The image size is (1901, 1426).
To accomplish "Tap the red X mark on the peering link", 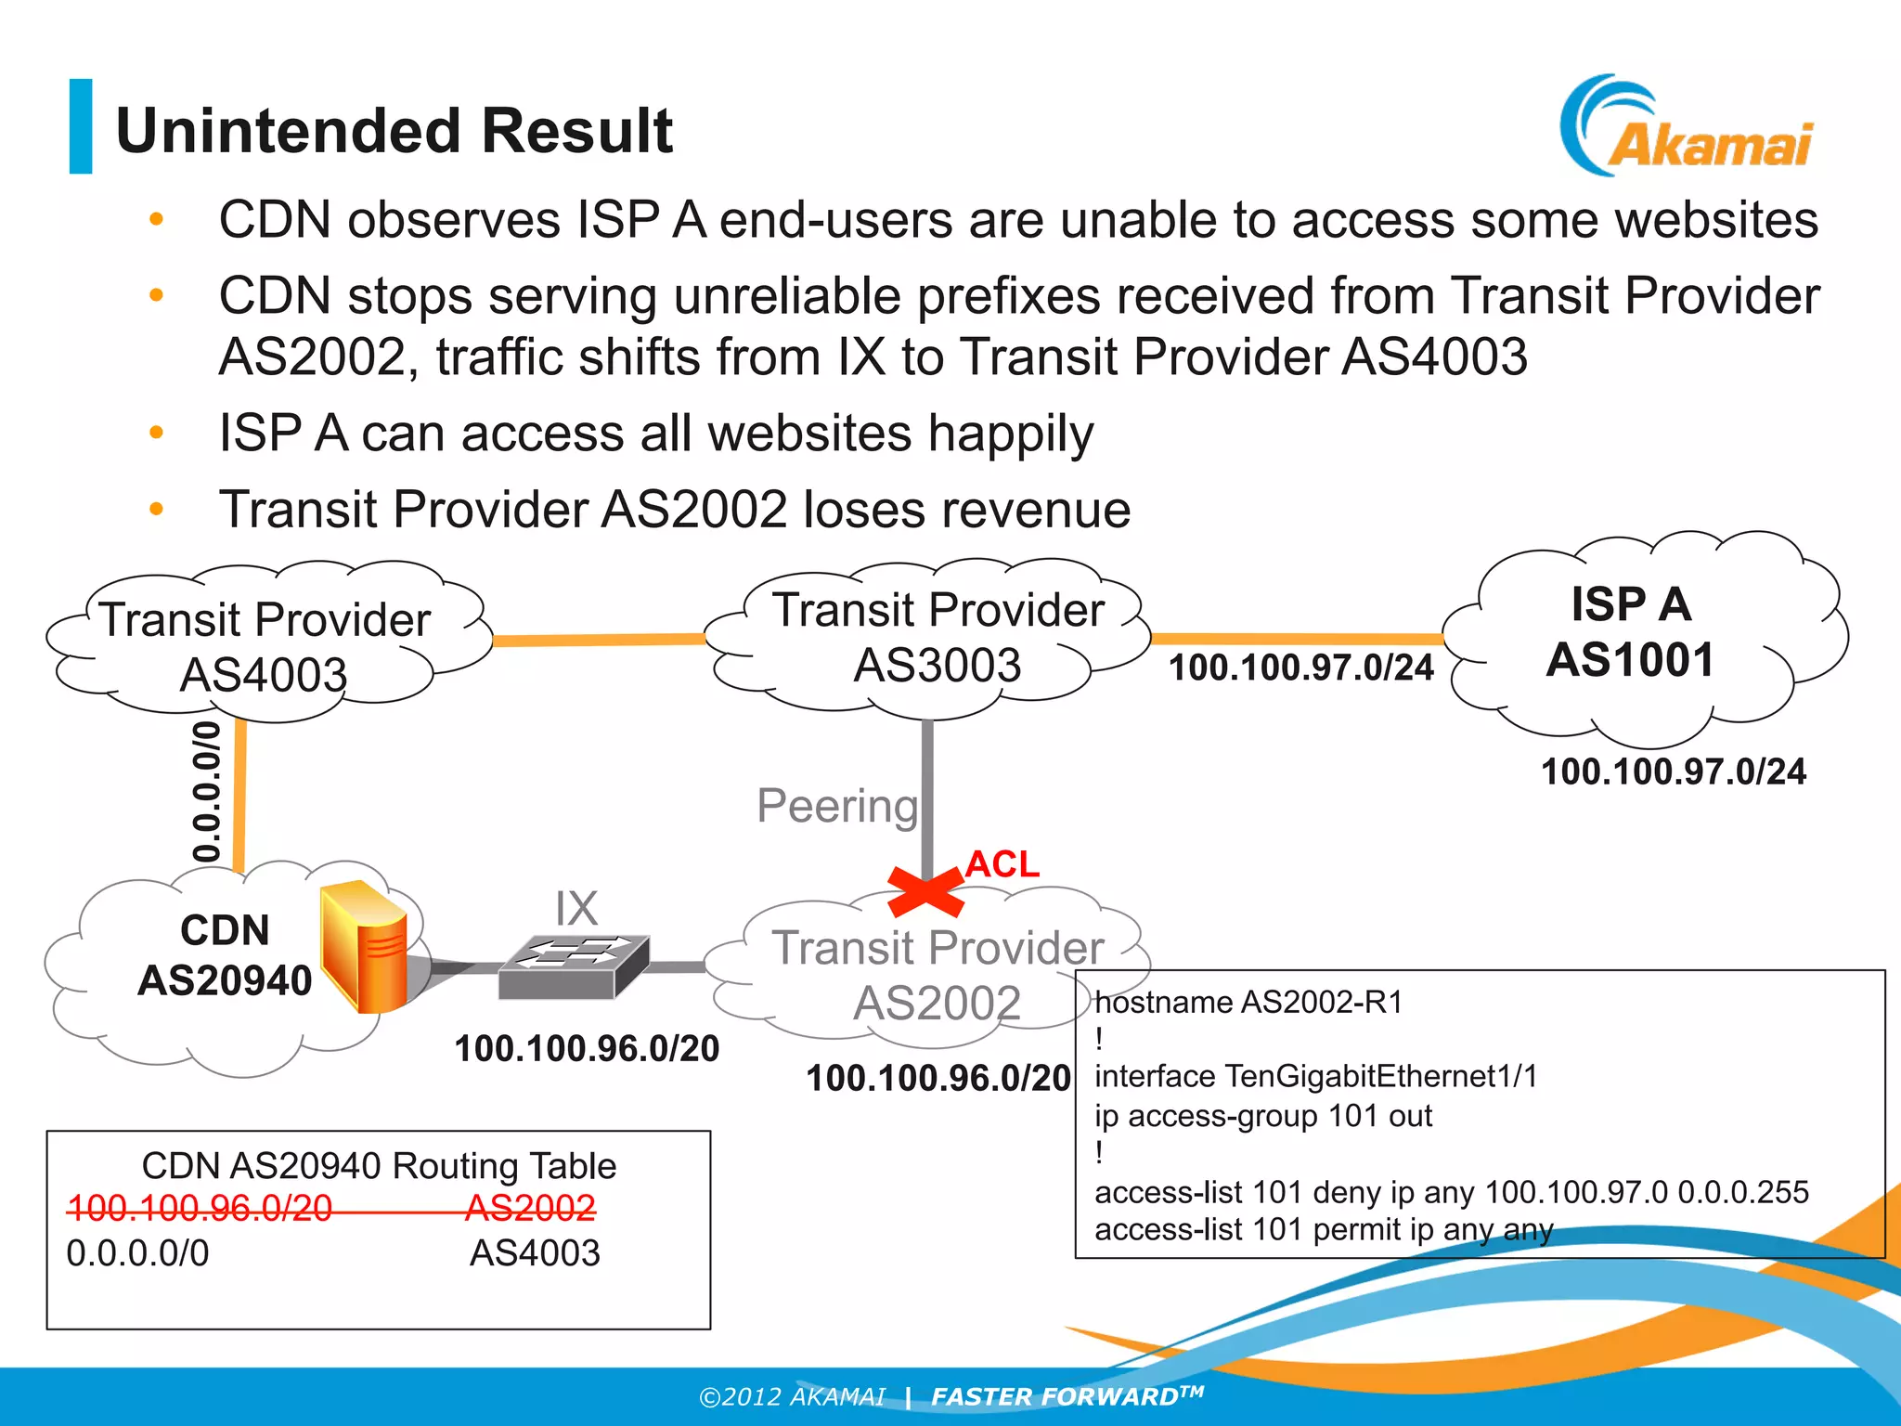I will coord(925,889).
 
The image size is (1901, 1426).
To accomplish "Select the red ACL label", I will coord(1002,864).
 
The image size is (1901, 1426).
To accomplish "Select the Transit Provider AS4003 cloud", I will coord(265,646).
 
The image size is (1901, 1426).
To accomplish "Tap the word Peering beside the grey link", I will coord(836,805).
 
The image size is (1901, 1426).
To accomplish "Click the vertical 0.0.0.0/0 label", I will coord(206,791).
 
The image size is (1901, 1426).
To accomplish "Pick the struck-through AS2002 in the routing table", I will coord(530,1207).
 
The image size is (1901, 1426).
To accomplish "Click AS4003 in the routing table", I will coord(535,1252).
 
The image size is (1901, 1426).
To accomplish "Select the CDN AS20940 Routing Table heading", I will coord(379,1165).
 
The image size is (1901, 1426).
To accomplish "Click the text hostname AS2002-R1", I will coord(1248,1003).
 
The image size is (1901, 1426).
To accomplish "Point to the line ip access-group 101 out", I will coord(1262,1115).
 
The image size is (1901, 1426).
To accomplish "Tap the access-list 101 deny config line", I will coord(1451,1192).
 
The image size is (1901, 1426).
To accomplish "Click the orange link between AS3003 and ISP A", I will coord(1297,638).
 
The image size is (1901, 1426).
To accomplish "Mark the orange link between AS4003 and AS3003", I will coord(599,640).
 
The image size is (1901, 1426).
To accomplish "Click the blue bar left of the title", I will coord(81,126).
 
